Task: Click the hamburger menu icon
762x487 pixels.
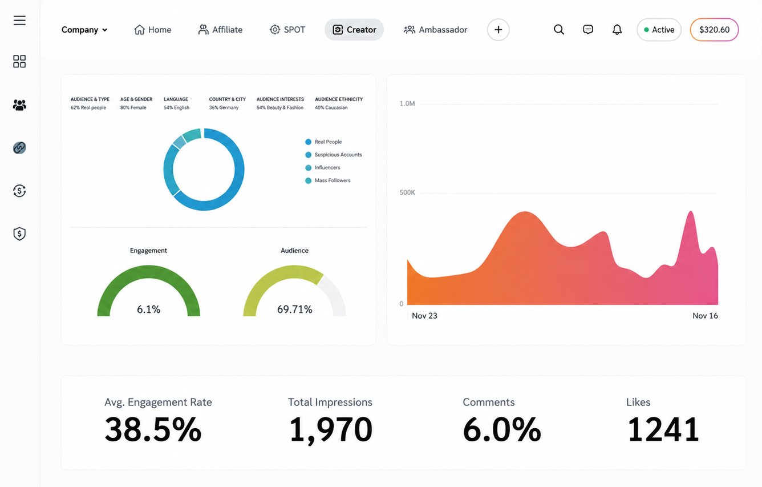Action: click(x=19, y=21)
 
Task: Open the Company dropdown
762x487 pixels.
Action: click(x=84, y=30)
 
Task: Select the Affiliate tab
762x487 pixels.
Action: click(x=220, y=30)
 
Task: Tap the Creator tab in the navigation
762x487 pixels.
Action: click(x=354, y=30)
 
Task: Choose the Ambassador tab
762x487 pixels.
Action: click(x=435, y=30)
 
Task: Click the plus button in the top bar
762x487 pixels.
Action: click(x=498, y=30)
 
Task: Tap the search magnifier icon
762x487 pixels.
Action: click(x=558, y=30)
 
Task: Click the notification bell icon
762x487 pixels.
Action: click(x=617, y=30)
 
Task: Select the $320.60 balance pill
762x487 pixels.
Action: click(x=714, y=30)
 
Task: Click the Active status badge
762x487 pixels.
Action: click(x=659, y=30)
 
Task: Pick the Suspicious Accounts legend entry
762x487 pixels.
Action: click(x=334, y=155)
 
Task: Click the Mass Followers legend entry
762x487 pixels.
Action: click(x=328, y=180)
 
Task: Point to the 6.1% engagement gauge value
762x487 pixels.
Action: click(x=148, y=309)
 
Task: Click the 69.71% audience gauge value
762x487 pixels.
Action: click(x=295, y=309)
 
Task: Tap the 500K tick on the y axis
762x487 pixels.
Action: click(x=407, y=192)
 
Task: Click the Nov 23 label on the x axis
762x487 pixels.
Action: click(x=424, y=316)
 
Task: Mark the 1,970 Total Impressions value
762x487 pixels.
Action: click(x=331, y=430)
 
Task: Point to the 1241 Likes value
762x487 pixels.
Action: click(x=663, y=430)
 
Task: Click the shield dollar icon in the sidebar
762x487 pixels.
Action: click(x=19, y=234)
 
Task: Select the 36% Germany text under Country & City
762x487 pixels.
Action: click(x=224, y=107)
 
